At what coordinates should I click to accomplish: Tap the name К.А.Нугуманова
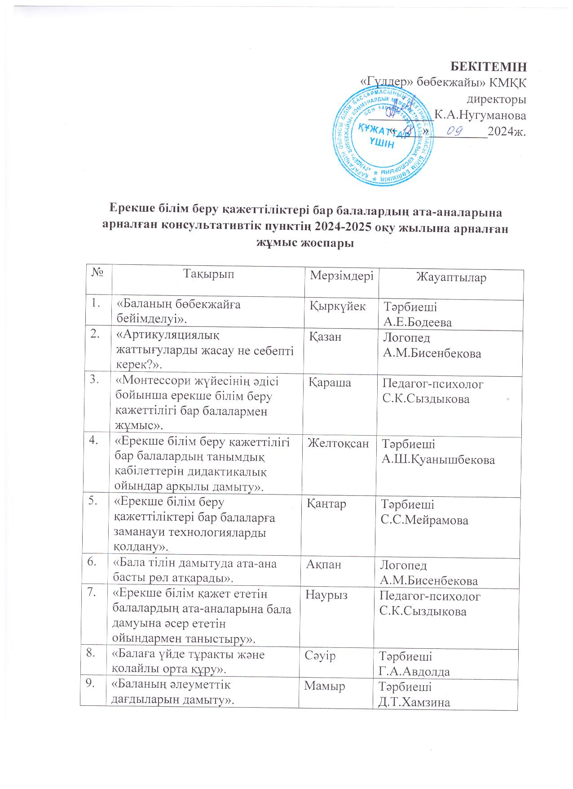[x=480, y=115]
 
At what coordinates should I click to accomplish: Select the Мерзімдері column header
[x=342, y=275]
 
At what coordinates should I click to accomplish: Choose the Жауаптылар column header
[x=452, y=277]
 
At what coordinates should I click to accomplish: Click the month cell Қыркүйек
[x=338, y=307]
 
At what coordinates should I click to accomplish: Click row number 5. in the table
[x=94, y=502]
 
